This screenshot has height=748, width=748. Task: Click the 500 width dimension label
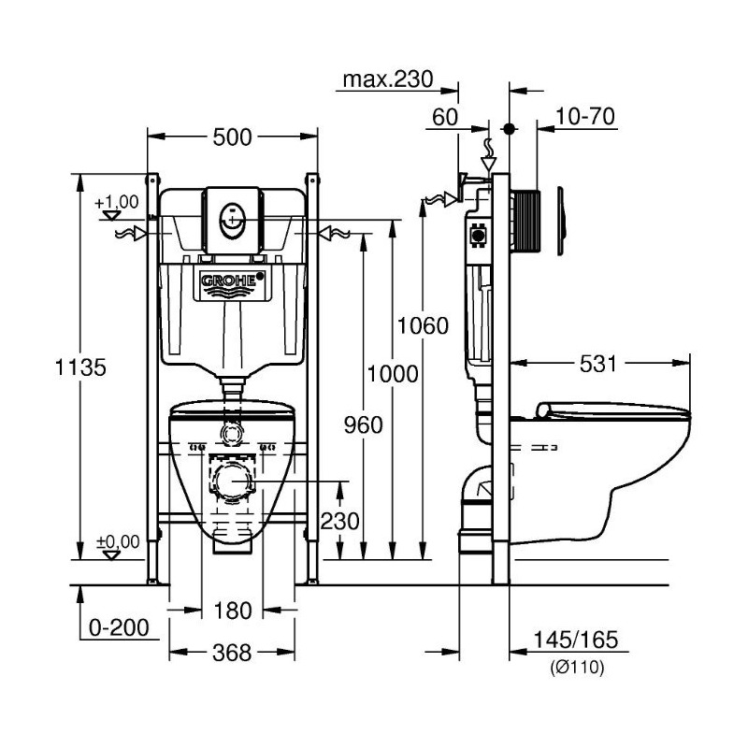(x=232, y=137)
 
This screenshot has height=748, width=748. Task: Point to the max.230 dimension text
(x=386, y=80)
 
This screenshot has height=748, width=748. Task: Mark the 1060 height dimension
(x=424, y=326)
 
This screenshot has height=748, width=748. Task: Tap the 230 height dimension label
(x=340, y=521)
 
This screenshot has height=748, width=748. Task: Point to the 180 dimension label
(x=233, y=611)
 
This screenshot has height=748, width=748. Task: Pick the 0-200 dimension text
(x=119, y=628)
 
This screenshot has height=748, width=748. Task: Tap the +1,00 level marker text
(x=116, y=201)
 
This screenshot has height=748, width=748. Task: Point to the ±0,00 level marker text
(x=116, y=541)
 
